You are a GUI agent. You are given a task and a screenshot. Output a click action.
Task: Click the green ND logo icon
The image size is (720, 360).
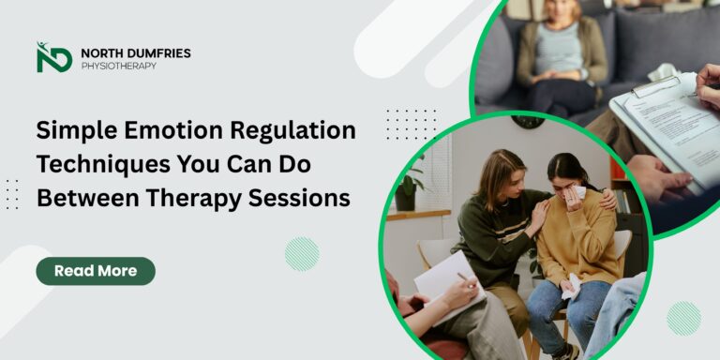click(x=53, y=57)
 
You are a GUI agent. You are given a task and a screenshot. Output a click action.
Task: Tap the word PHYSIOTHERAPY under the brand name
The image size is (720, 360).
click(x=118, y=67)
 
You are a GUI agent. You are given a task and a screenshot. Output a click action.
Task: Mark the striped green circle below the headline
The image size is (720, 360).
click(x=301, y=253)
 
